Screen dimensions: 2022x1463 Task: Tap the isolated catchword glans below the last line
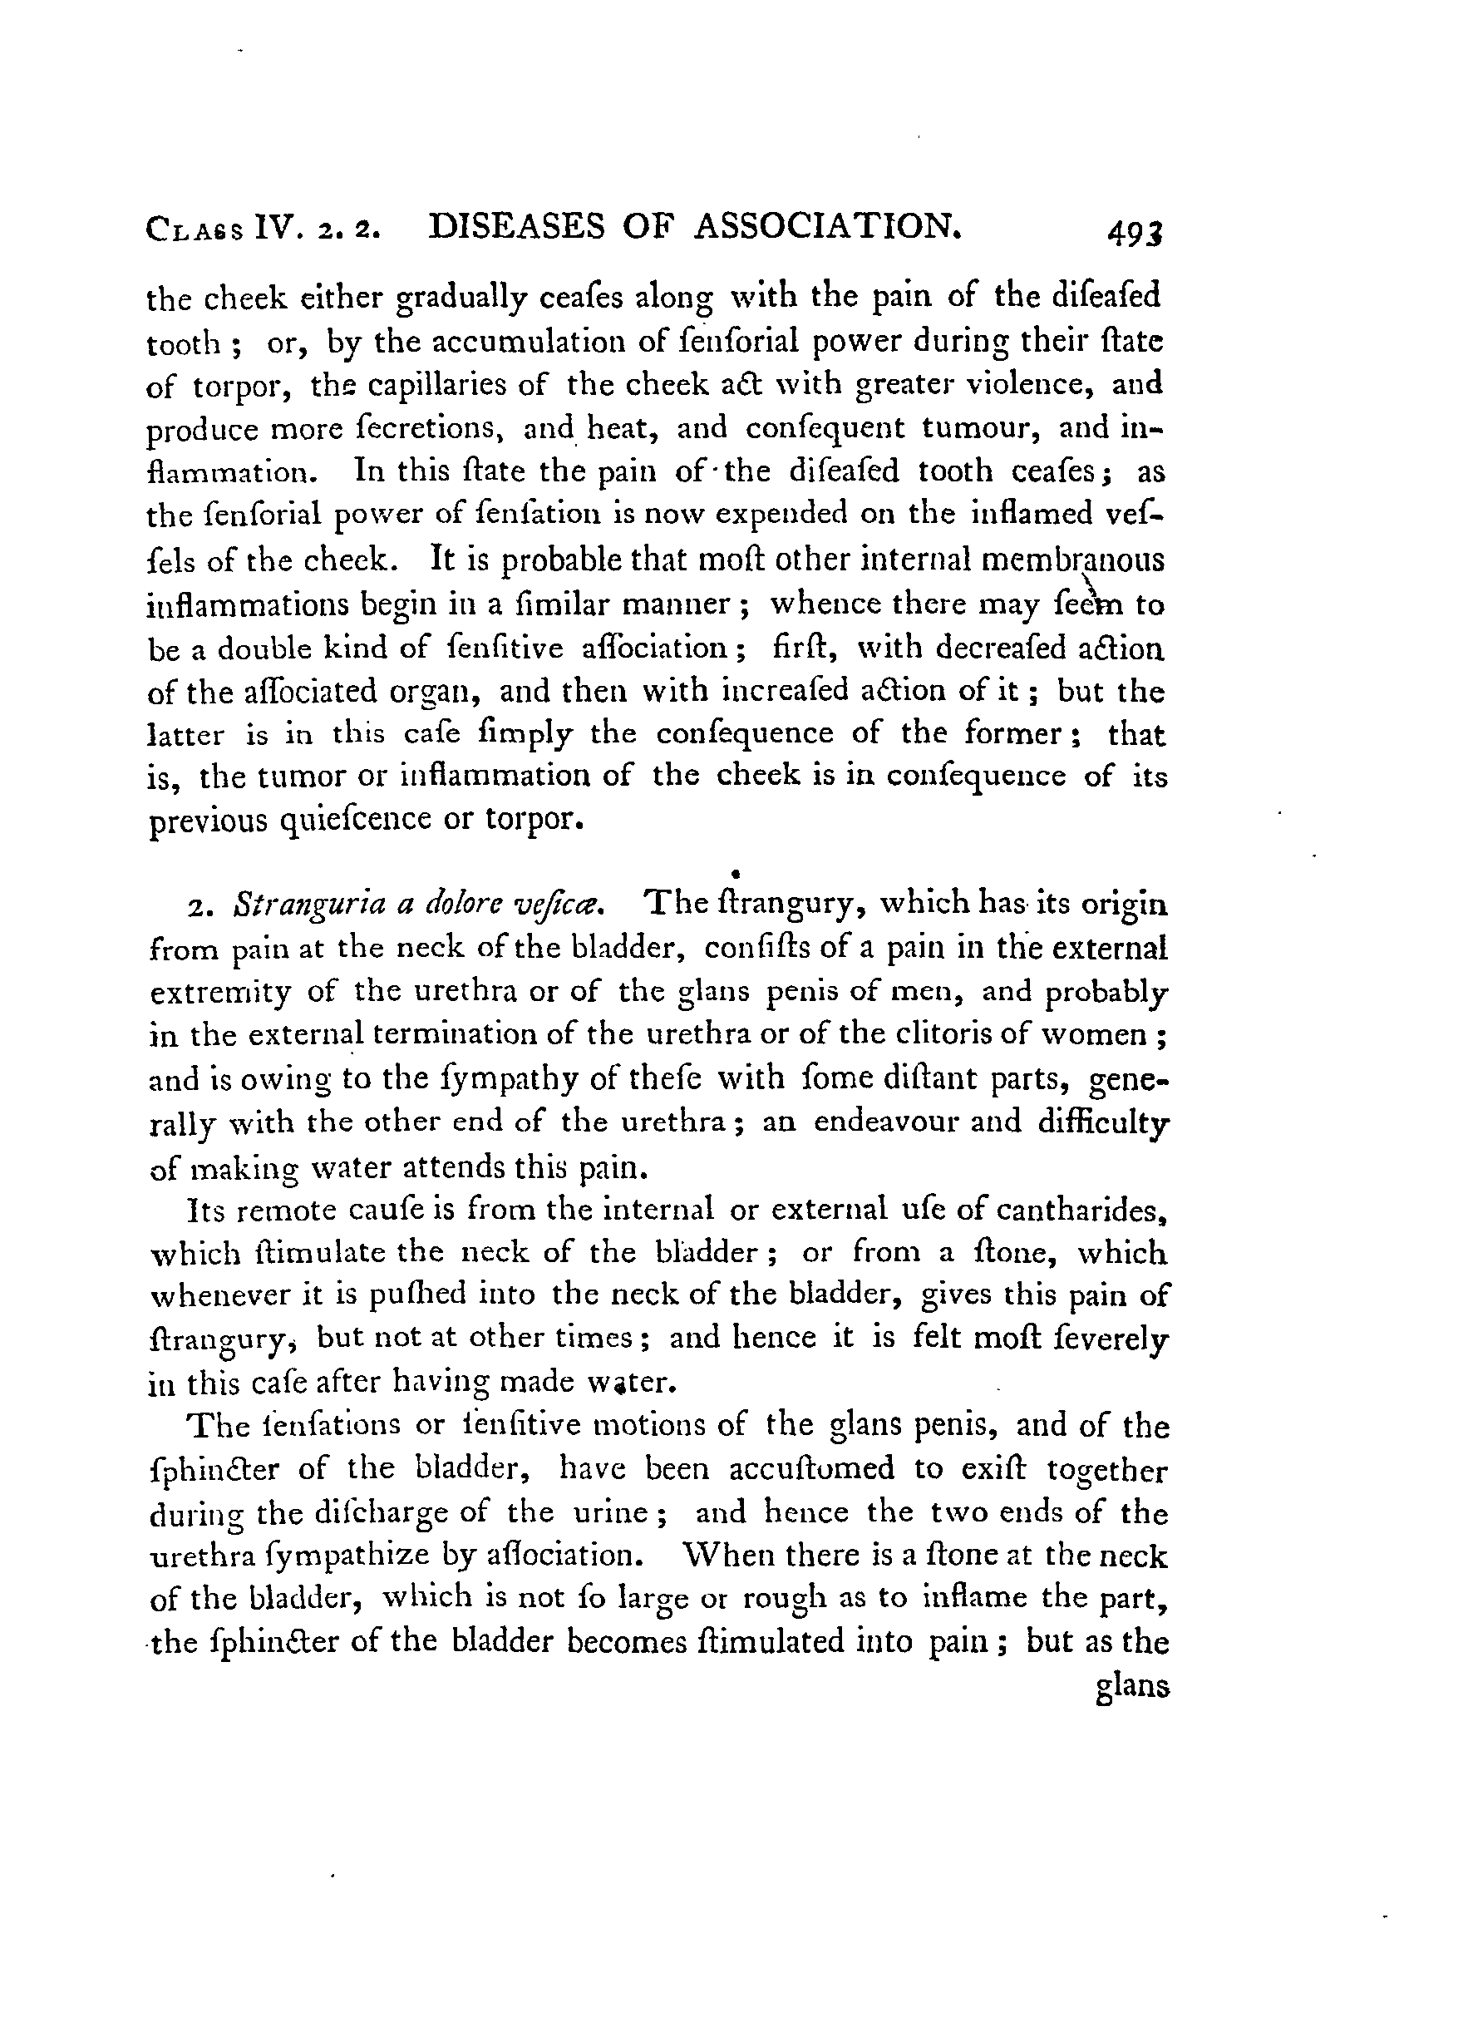click(1131, 1688)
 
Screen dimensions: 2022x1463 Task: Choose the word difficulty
click(1103, 1122)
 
